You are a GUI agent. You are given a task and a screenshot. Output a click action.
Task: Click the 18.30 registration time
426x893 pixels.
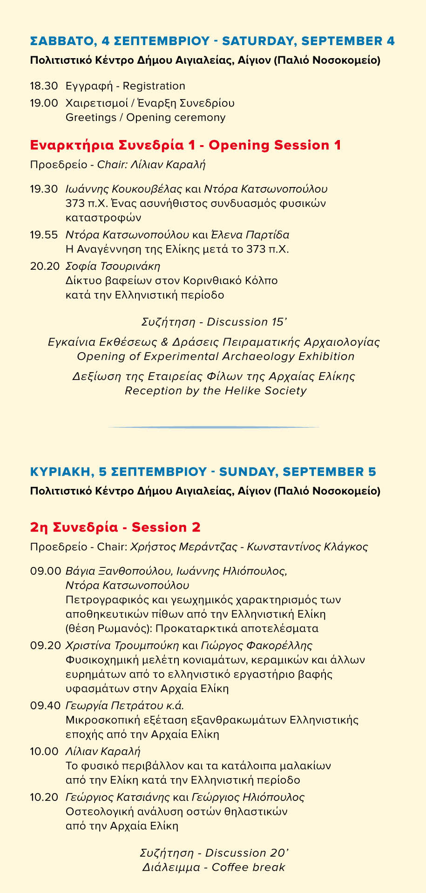[x=44, y=86]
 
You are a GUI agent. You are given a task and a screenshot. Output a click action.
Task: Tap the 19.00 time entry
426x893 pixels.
[x=44, y=103]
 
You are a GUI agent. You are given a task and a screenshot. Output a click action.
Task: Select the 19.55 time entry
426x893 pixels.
[x=44, y=234]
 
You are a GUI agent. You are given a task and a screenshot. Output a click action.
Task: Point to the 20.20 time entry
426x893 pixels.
[x=45, y=266]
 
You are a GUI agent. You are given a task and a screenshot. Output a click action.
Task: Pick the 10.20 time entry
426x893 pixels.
[x=44, y=797]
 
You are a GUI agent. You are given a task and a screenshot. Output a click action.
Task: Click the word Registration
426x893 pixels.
[x=154, y=86]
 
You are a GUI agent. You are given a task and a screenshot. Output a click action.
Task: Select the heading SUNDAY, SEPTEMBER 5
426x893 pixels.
[x=297, y=472]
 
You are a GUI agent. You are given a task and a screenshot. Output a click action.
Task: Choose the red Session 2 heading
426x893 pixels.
[x=166, y=527]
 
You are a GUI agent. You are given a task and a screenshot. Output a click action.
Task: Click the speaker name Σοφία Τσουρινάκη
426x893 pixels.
[x=113, y=266]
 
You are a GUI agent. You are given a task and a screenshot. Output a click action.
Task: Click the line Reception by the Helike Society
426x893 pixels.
[x=216, y=390]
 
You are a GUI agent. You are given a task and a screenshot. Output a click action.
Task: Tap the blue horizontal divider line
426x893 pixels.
[x=213, y=427]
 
